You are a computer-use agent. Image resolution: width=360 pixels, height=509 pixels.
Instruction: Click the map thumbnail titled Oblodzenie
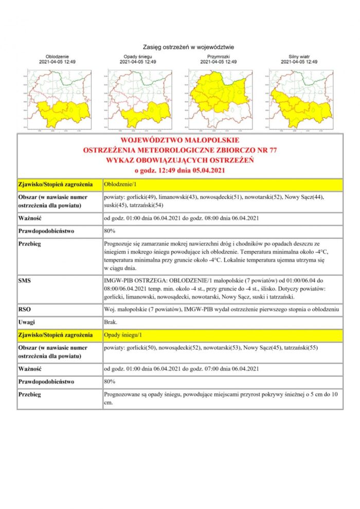tap(58, 99)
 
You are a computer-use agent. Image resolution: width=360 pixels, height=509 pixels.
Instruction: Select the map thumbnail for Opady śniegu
tap(138, 99)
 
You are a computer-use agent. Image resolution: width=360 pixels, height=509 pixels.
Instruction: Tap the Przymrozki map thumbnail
tap(219, 99)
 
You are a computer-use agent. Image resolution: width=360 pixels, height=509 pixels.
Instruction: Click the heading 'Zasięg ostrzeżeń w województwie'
tap(180, 47)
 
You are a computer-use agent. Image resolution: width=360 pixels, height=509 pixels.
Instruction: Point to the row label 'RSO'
tap(25, 310)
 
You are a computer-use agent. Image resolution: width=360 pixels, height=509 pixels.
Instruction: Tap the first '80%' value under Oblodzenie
tap(110, 231)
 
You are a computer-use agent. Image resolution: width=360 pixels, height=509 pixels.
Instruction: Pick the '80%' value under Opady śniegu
tap(110, 382)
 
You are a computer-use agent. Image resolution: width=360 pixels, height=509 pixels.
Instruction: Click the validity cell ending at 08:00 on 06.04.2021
tap(181, 218)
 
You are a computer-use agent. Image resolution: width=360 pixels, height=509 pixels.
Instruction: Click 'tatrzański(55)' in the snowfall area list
tap(301, 348)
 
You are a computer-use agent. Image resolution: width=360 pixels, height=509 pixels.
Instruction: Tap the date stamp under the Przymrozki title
tap(219, 62)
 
